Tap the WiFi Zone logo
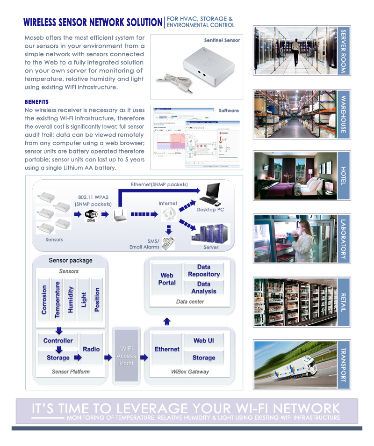point(91,216)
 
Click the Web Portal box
point(167,279)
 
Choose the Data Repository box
point(204,271)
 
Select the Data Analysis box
point(204,287)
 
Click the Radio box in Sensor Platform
point(91,349)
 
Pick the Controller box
point(58,341)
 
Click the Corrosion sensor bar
point(44,300)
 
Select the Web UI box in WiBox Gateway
point(204,341)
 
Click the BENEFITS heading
point(36,102)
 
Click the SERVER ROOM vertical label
point(344,51)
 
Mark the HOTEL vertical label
point(344,175)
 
